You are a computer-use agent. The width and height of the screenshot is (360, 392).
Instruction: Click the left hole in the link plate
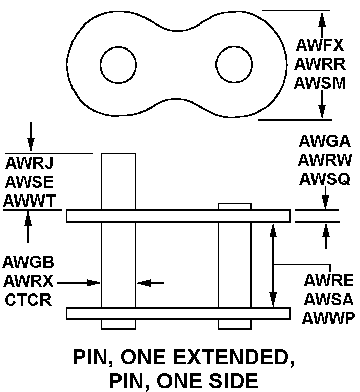coord(118,65)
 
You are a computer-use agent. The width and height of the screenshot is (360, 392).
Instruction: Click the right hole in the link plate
coord(234,65)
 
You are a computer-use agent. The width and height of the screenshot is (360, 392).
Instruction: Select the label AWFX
coord(320,46)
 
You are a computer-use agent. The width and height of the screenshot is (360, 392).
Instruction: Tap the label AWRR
coord(320,64)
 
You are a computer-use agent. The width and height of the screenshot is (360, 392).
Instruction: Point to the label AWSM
coord(320,82)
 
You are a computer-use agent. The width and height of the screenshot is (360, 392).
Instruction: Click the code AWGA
coord(325,142)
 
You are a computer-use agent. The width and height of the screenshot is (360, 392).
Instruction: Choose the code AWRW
coord(325,160)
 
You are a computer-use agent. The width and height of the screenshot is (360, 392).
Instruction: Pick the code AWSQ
coord(325,178)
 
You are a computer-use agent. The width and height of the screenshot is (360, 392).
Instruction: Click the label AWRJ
coord(30,164)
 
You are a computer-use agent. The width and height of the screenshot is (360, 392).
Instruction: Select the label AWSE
coord(30,182)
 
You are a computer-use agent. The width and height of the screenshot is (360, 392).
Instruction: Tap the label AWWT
coord(30,201)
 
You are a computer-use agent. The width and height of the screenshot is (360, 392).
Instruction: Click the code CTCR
coord(29,300)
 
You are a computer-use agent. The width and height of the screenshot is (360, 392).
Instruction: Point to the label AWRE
coord(328,281)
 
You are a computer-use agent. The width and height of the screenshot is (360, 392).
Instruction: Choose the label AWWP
coord(328,318)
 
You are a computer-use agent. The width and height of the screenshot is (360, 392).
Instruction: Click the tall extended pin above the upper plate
coord(118,181)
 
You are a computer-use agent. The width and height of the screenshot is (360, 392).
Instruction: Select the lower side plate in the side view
coord(178,313)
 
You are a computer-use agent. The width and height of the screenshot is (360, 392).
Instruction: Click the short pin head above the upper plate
coord(234,206)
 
